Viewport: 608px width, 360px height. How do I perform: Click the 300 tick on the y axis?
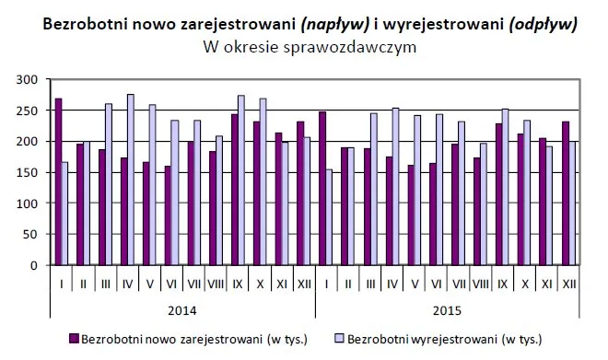[x=35, y=80]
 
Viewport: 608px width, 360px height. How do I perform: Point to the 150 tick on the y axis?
[x=35, y=172]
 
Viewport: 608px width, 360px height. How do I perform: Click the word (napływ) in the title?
[x=316, y=25]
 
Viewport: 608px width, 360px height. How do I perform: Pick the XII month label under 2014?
[x=302, y=285]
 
